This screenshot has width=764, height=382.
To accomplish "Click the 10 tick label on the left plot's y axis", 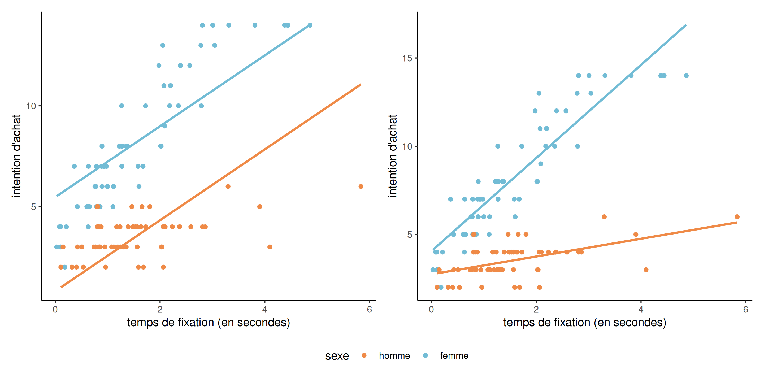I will (x=31, y=106).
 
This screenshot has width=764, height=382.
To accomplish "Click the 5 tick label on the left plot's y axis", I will (x=33, y=207).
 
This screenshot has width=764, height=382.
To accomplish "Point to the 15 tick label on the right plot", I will (x=407, y=58).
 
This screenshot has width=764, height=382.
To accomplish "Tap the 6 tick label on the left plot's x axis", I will (x=369, y=310).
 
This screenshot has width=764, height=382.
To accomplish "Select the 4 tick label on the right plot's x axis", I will (x=641, y=310).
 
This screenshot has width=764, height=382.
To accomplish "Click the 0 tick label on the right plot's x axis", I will (x=431, y=310).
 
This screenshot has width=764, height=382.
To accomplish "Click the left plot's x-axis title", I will (x=209, y=322).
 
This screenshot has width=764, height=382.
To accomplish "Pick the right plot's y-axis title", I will (x=392, y=156).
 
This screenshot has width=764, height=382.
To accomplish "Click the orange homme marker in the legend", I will (x=364, y=355).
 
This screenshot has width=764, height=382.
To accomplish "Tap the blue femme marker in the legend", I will (x=425, y=355).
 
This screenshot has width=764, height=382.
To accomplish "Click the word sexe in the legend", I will (x=337, y=356).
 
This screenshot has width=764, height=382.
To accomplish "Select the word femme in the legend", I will (x=454, y=356).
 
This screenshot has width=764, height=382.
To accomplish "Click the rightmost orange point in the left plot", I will (x=361, y=186).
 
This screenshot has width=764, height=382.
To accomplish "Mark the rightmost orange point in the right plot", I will (x=737, y=217).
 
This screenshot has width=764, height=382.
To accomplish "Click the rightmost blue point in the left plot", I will (x=310, y=25).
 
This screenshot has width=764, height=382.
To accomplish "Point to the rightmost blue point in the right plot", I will (x=686, y=76).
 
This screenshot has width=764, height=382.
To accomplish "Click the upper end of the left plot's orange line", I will (x=361, y=85).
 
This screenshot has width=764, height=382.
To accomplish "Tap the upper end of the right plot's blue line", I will (x=686, y=25).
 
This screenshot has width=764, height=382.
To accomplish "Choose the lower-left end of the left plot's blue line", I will (x=57, y=196).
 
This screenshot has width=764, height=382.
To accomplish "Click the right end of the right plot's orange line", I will (x=737, y=223).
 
